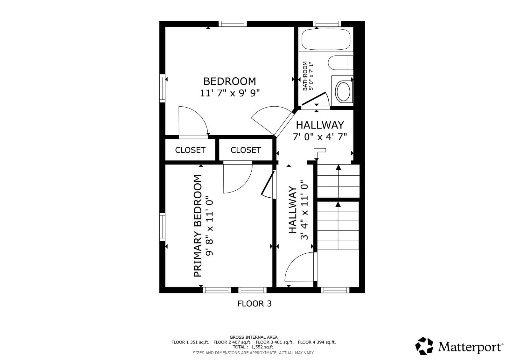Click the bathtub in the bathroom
326,39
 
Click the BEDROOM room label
229,81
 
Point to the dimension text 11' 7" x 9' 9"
229,93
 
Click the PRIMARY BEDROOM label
198,226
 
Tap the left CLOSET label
190,150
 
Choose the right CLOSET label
246,150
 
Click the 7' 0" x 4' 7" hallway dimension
320,137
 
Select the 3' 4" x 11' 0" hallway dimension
304,210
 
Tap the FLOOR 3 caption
254,304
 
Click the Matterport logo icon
424,346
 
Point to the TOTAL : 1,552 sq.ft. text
254,347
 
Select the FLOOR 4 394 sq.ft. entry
317,342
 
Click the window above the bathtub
327,24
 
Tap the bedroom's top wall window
233,24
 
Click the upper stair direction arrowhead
338,168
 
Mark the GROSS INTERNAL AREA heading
254,337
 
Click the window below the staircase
335,290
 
